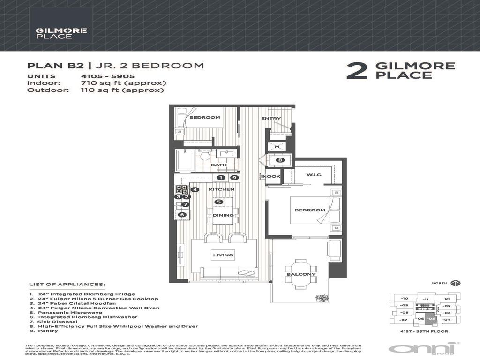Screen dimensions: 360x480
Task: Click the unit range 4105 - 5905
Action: coord(108,76)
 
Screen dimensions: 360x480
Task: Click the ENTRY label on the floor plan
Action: coord(271,119)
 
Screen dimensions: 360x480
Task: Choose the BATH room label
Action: coord(218,165)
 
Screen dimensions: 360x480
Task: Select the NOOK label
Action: coord(271,177)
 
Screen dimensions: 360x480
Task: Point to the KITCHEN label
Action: coord(221,189)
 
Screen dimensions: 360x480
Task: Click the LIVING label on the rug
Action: coord(224,255)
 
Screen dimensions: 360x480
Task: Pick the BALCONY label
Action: coord(300,274)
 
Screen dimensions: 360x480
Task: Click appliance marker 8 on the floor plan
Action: coord(280,160)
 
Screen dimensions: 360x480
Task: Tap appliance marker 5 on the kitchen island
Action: coord(218,202)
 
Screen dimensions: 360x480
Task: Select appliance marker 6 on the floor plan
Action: coord(182,215)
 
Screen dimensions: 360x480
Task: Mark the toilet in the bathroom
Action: coord(203,156)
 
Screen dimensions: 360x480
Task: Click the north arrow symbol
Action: coord(455,283)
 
